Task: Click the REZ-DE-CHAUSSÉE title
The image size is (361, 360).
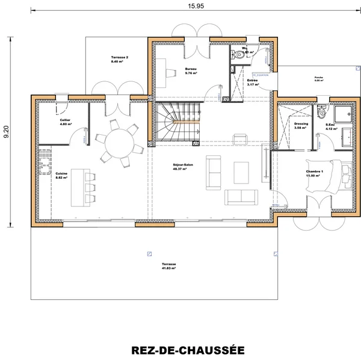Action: pyautogui.click(x=187, y=350)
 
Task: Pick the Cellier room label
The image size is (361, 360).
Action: pyautogui.click(x=65, y=122)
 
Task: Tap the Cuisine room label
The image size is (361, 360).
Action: pyautogui.click(x=61, y=176)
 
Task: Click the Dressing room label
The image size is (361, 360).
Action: pyautogui.click(x=301, y=125)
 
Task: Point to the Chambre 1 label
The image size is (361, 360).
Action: pyautogui.click(x=315, y=173)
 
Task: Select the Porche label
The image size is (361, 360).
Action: pyautogui.click(x=319, y=79)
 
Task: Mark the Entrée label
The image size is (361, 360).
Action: pyautogui.click(x=253, y=82)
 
